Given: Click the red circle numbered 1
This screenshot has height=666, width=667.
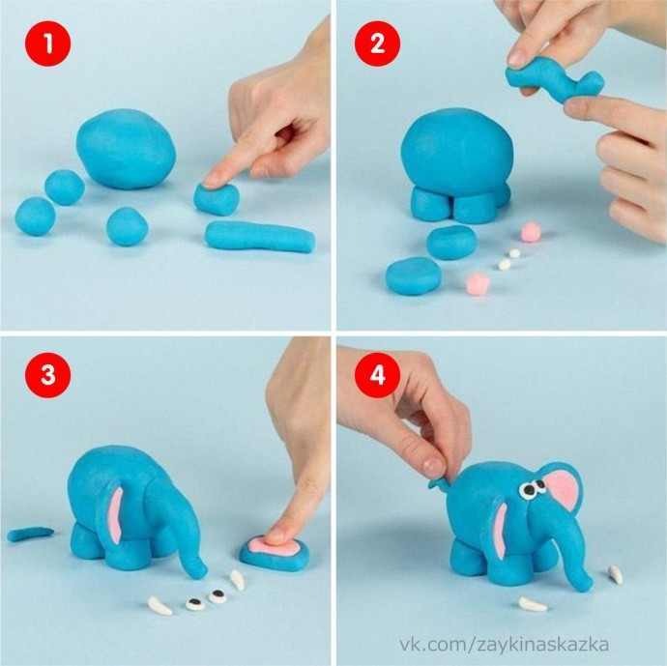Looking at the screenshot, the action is click(47, 43).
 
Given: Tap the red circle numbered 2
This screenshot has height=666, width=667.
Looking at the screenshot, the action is click(377, 43).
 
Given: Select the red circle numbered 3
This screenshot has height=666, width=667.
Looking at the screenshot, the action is click(47, 375).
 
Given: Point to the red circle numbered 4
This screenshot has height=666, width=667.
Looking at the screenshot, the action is click(377, 375).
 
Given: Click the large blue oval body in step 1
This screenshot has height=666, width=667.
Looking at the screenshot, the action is click(126, 149).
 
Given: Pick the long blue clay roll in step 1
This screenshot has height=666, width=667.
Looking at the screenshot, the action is click(260, 237).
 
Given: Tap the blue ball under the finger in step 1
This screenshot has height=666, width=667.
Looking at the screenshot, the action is click(217, 199).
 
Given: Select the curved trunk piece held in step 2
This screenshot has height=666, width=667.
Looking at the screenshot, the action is click(553, 81).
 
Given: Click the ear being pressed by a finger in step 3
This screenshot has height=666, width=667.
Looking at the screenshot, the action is click(275, 553).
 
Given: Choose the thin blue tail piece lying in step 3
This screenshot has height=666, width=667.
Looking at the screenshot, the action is click(31, 534).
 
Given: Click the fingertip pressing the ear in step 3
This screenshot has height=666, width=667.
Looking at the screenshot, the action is click(277, 535).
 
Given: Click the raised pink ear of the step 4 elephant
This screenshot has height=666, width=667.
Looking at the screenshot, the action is click(563, 490).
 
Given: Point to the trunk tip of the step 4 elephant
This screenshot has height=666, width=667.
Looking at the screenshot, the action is click(586, 586).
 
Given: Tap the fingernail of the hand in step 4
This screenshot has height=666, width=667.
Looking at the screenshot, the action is click(433, 468).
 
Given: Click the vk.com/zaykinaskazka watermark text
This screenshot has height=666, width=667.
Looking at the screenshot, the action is click(504, 645).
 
